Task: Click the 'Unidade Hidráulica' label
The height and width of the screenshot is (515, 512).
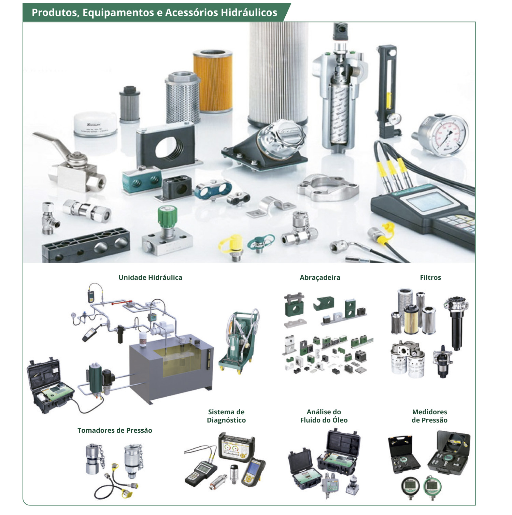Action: (150, 277)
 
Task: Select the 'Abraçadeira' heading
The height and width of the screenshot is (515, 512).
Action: (320, 278)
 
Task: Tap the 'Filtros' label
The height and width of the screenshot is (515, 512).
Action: (430, 277)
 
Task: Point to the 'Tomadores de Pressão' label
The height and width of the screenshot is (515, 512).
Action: (115, 430)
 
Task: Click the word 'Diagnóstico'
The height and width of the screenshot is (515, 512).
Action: (226, 420)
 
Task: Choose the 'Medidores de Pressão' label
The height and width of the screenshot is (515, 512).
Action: (429, 416)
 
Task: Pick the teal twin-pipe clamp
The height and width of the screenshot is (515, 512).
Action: (142, 180)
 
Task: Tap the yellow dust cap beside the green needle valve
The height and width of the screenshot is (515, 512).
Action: (231, 245)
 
